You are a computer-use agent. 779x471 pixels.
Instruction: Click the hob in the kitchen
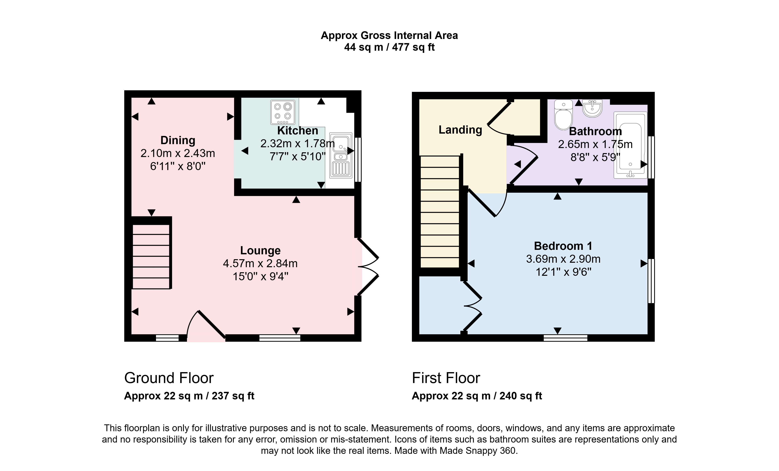click(x=283, y=112)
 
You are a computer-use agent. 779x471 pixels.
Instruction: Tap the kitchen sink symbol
click(x=341, y=155)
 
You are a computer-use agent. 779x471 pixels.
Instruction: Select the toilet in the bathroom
click(x=563, y=115)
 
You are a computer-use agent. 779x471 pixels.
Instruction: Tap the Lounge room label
click(x=260, y=250)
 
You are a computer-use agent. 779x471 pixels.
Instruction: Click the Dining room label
click(x=178, y=140)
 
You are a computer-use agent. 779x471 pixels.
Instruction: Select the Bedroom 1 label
click(x=563, y=246)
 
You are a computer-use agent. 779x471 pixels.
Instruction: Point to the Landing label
click(x=460, y=130)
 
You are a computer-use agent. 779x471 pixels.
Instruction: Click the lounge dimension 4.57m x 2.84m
click(x=260, y=263)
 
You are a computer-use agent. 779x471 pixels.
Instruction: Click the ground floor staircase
click(x=151, y=256)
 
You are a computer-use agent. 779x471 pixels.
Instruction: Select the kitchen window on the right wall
click(x=358, y=160)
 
